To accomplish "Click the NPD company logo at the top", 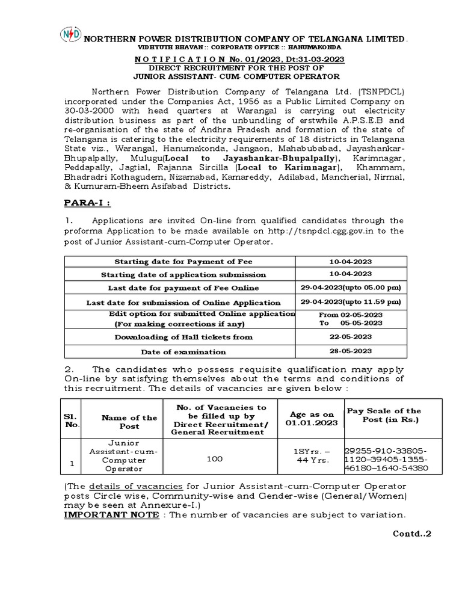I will (70, 35).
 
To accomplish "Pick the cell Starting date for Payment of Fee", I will (183, 262).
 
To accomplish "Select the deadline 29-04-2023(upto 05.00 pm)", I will (351, 288).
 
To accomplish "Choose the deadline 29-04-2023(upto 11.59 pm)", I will (351, 302).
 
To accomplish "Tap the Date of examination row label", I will (183, 352).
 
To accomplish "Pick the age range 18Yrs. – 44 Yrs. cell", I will (310, 455).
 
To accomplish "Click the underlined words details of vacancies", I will (118, 486).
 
